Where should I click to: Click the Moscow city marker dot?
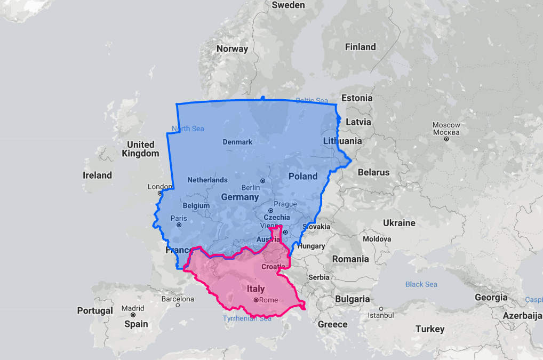click(446, 139)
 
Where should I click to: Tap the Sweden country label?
click(288, 5)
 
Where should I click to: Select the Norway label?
click(232, 49)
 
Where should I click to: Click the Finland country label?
click(360, 47)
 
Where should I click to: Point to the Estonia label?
click(357, 98)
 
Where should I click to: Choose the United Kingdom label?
click(140, 149)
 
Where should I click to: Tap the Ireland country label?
click(97, 175)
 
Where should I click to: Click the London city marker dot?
click(159, 193)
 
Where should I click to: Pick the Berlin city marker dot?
click(263, 181)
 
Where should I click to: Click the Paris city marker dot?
click(179, 225)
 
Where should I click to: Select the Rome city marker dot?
click(256, 300)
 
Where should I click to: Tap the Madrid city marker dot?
click(133, 315)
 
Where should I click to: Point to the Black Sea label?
click(421, 284)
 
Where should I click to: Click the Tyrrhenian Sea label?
click(247, 318)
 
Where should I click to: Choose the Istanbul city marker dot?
click(381, 309)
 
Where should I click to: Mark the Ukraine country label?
click(398, 223)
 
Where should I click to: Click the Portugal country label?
click(95, 310)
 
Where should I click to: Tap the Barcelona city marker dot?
click(178, 306)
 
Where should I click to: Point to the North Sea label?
click(188, 128)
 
